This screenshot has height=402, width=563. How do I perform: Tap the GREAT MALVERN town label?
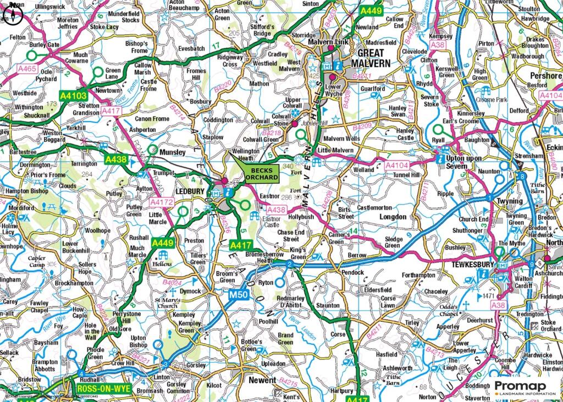pyautogui.click(x=374, y=58)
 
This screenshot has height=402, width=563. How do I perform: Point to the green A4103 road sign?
pyautogui.click(x=72, y=95)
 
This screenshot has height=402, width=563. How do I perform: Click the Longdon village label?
pyautogui.click(x=393, y=217)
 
